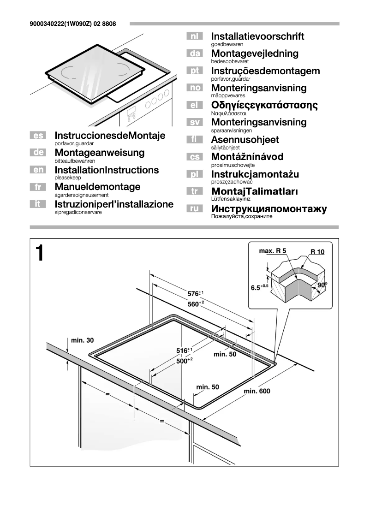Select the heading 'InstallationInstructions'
(107, 170)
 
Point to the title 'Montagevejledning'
(255, 53)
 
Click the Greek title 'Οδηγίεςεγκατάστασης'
(264, 105)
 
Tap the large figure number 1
(40, 253)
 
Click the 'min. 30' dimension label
(82, 340)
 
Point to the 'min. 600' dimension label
(257, 391)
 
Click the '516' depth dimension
(184, 351)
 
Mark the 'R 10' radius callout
(317, 252)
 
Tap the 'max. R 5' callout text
(273, 251)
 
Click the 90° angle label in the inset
(322, 285)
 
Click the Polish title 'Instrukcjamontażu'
(255, 174)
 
